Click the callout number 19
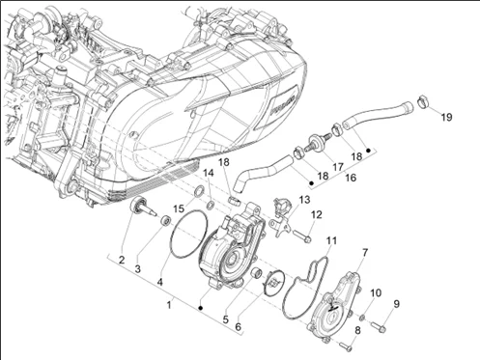coord(446,118)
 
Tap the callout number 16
coord(351,178)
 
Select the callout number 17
coord(338,167)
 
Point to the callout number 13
coord(304,200)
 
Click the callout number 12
coord(317,214)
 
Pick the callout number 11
coord(331,240)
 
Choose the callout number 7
coord(365,253)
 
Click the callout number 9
coord(396,304)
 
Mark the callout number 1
coord(169,305)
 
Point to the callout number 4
coord(160,282)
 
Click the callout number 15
coord(179,209)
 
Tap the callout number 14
coord(208,173)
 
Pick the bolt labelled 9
coord(379,326)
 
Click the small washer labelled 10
coord(361,318)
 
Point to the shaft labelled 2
coord(142,206)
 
